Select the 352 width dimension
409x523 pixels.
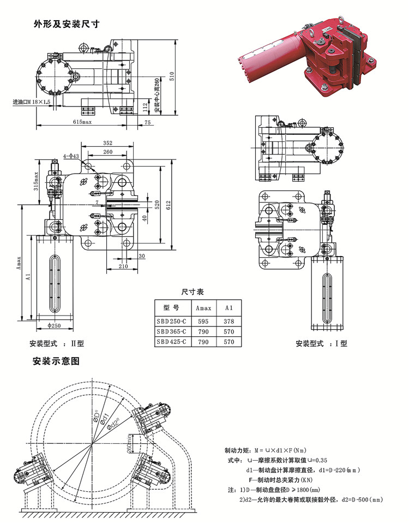[107, 143]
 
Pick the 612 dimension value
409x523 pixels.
[169, 204]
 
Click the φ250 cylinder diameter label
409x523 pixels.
[55, 326]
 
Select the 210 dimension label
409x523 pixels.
[123, 266]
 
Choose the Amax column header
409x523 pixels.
[203, 308]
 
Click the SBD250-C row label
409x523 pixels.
[171, 322]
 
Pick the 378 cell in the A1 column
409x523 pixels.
[228, 322]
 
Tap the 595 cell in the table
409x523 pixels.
[203, 322]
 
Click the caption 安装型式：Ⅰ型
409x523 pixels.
[321, 343]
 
